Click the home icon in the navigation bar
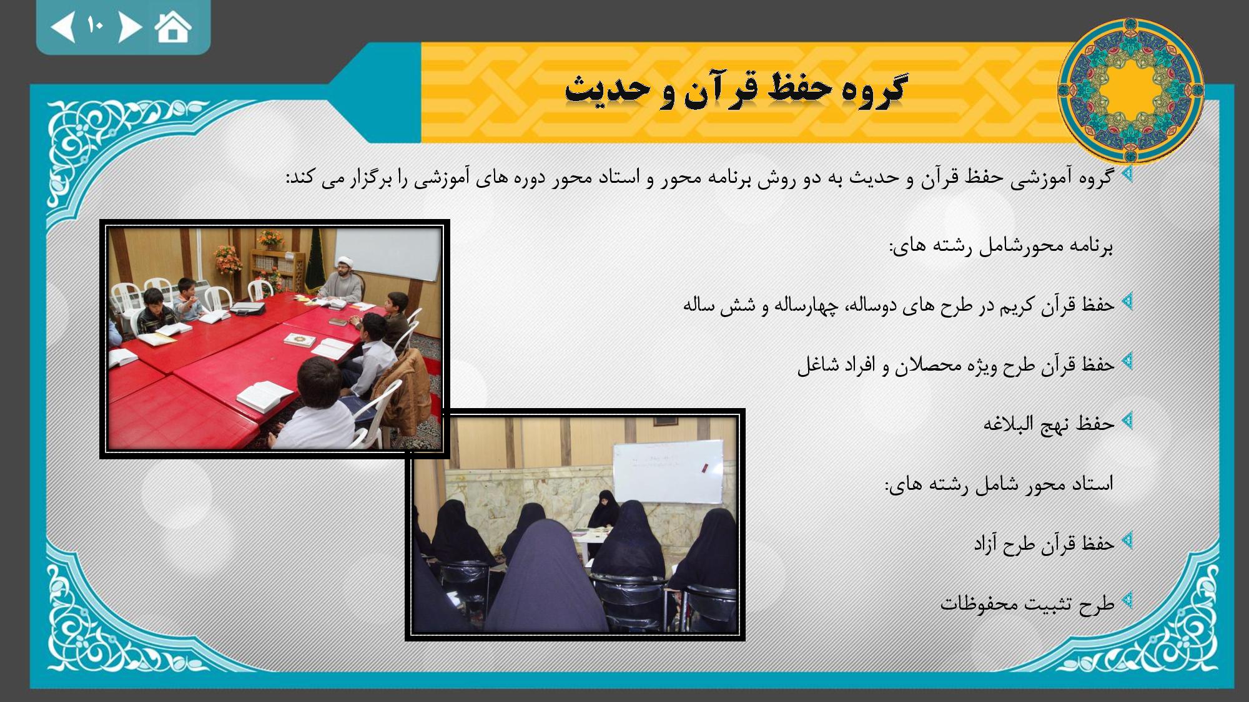[173, 27]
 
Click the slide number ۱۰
[96, 26]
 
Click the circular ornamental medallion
[1130, 90]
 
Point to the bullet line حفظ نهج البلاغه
[1049, 424]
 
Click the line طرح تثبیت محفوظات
[1027, 603]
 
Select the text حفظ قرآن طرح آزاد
[1044, 544]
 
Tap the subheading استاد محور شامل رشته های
[999, 484]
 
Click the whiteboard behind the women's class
[668, 472]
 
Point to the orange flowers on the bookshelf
[270, 238]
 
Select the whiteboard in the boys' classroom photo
[388, 255]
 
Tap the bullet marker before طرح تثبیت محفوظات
[1127, 601]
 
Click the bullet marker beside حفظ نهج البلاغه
[1127, 421]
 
